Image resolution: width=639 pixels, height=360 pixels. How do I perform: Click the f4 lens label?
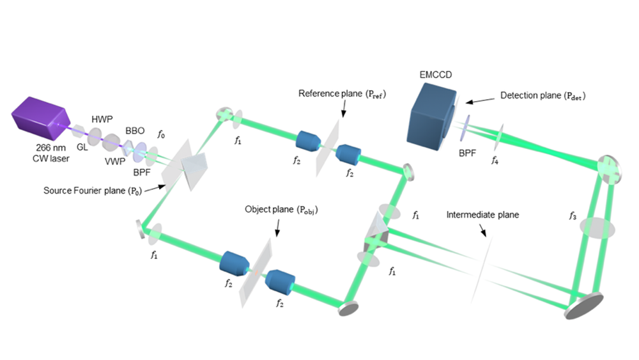495,160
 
